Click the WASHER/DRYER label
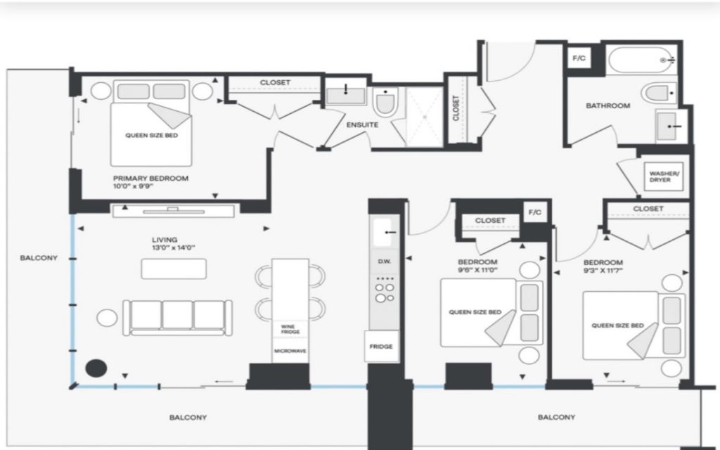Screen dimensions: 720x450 pos(664,176)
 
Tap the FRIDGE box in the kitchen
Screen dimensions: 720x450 pos(381,346)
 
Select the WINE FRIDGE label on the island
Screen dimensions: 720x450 pos(290,329)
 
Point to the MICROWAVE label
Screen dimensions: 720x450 pos(290,351)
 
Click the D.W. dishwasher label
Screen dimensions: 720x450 pos(385,262)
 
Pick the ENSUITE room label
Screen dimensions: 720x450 pos(362,125)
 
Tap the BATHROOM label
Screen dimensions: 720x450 pos(608,105)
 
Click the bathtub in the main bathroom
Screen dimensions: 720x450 pos(643,60)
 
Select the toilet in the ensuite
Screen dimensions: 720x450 pos(385,102)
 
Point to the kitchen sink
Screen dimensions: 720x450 pos(385,232)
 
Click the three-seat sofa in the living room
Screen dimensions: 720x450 pos(177,317)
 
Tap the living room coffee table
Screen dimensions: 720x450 pos(174,269)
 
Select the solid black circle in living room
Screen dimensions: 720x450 pos(96,368)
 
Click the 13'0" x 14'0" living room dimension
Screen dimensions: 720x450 pos(174,247)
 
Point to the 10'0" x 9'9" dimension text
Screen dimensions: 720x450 pos(133,186)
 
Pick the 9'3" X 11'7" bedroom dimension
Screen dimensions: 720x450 pos(603,271)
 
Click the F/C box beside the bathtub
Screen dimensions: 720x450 pos(579,58)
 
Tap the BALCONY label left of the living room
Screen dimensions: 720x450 pos(39,258)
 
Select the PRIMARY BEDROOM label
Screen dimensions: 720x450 pos(150,178)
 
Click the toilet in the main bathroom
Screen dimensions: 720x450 pos(660,94)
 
